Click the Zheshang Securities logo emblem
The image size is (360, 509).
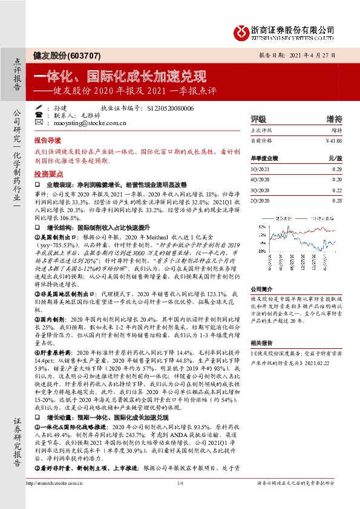coord(243,30)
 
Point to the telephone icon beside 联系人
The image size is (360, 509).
coord(39,114)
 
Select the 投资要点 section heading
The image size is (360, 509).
coord(47,173)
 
